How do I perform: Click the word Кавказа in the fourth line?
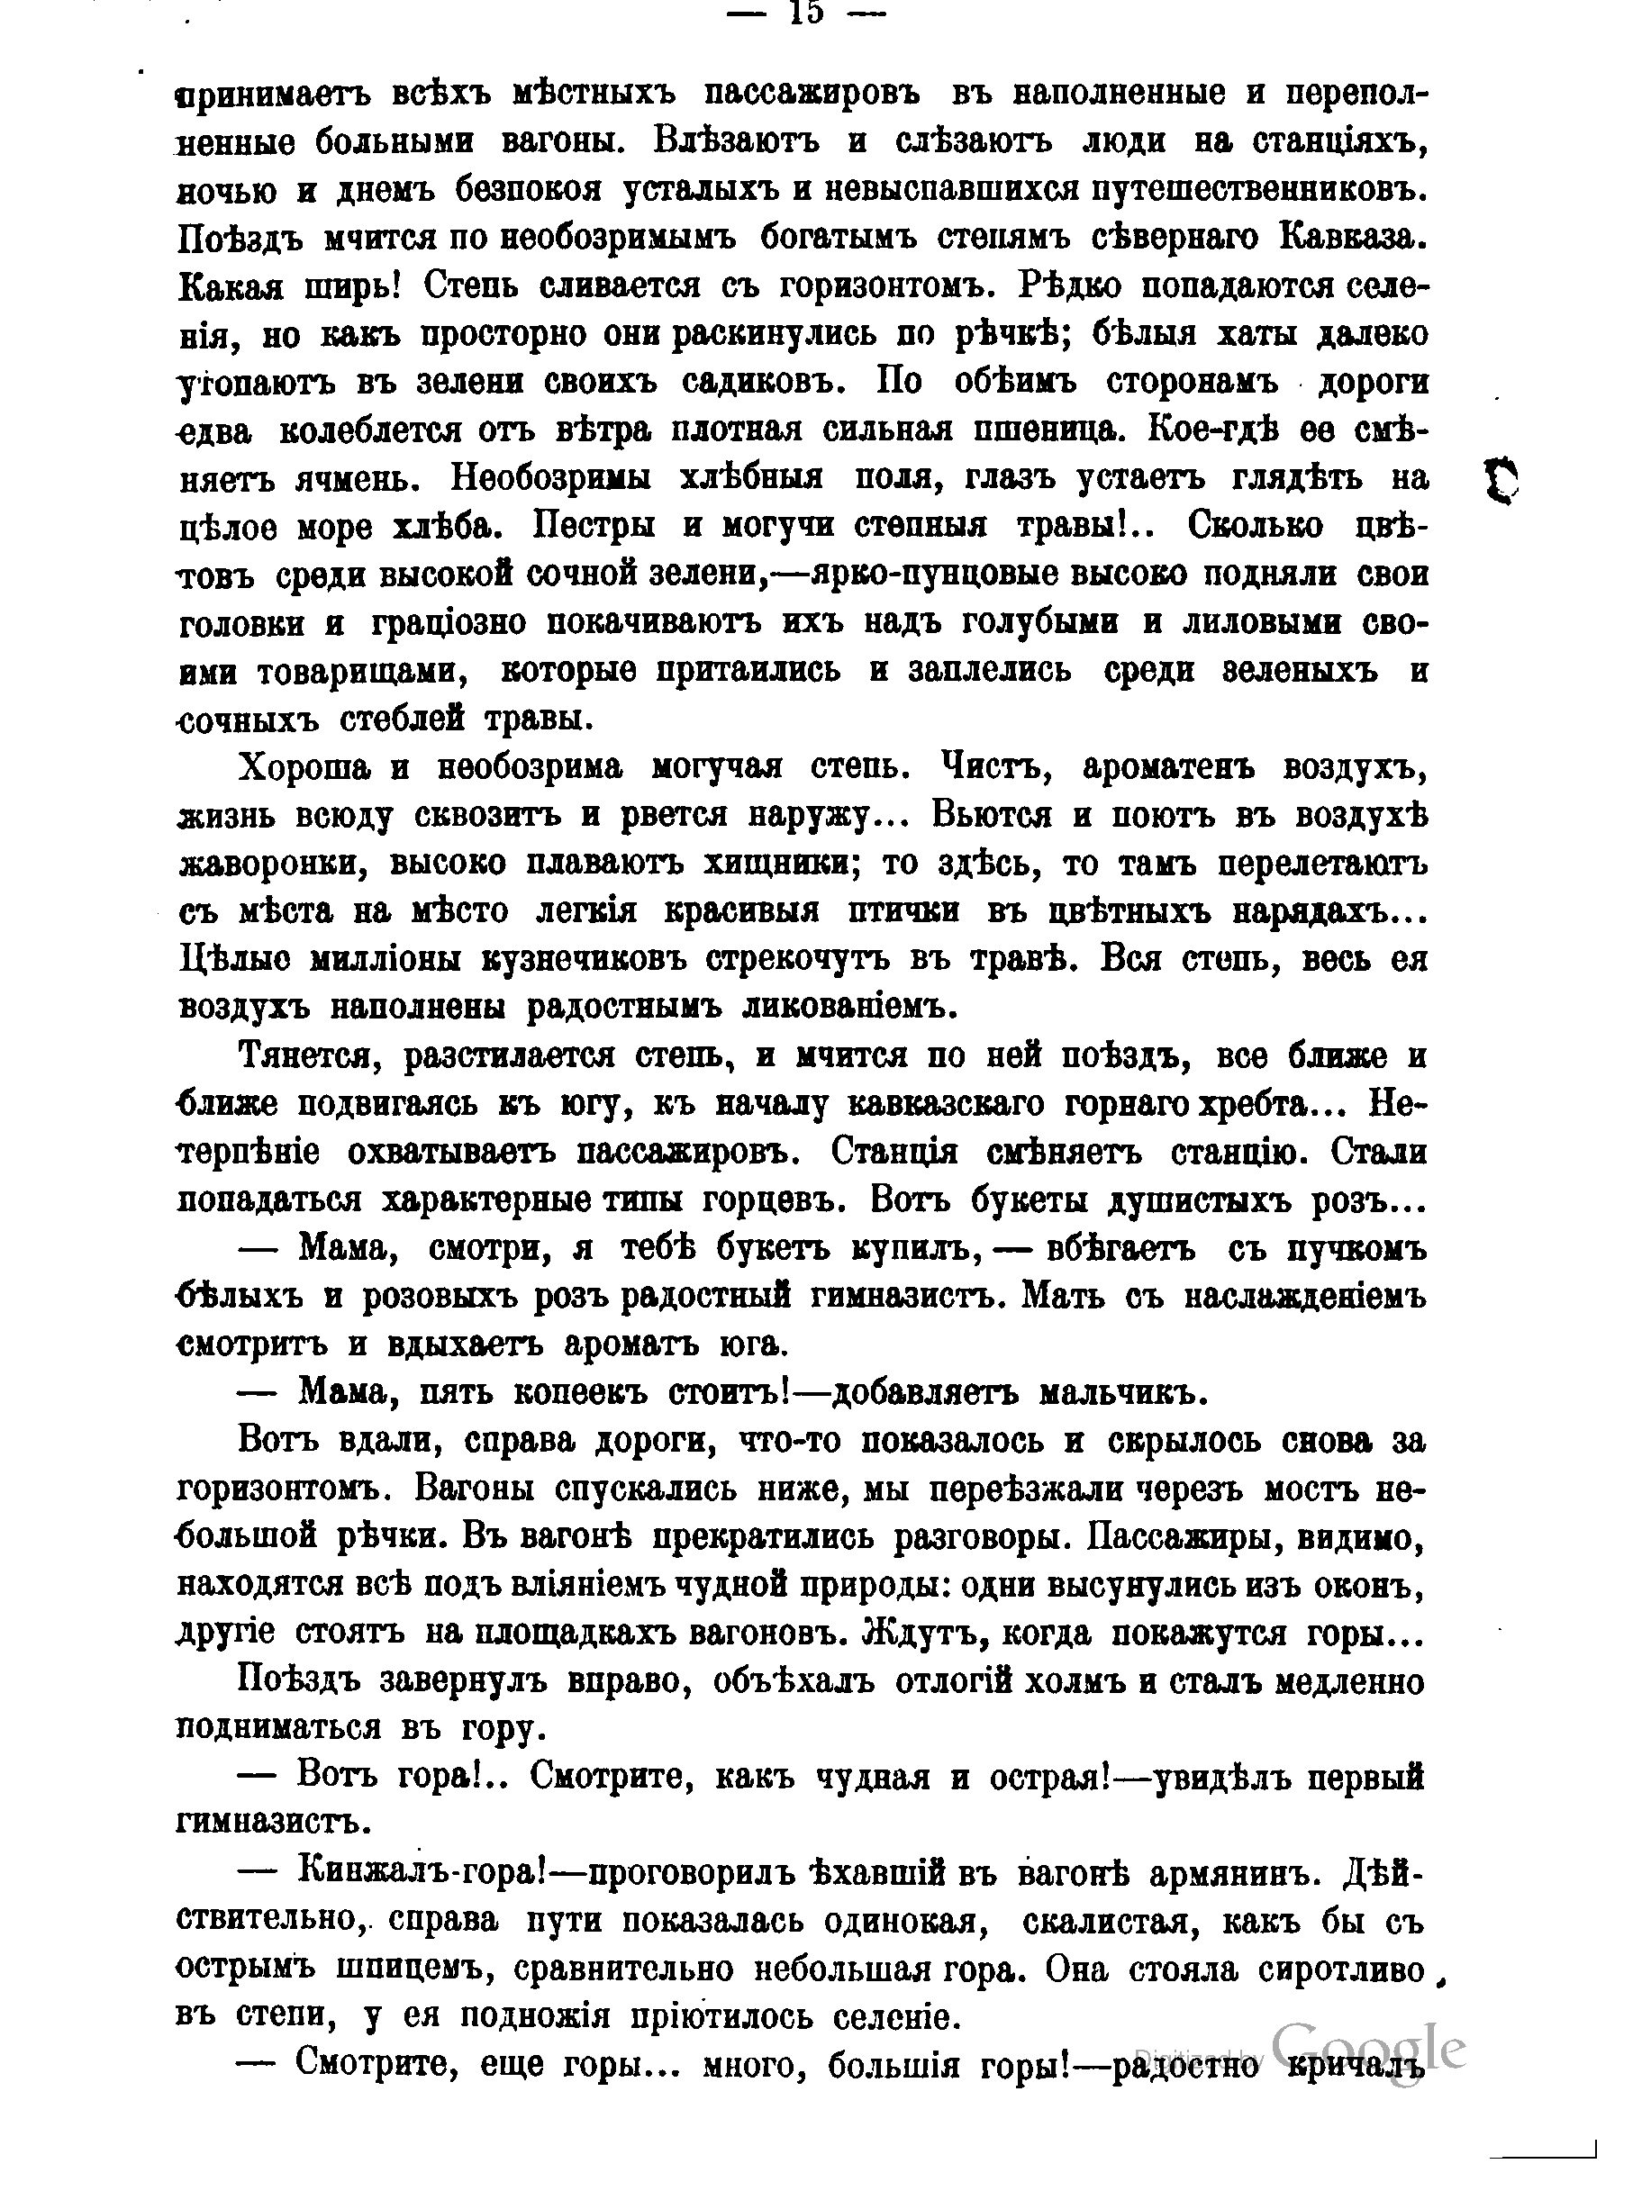(1351, 238)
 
